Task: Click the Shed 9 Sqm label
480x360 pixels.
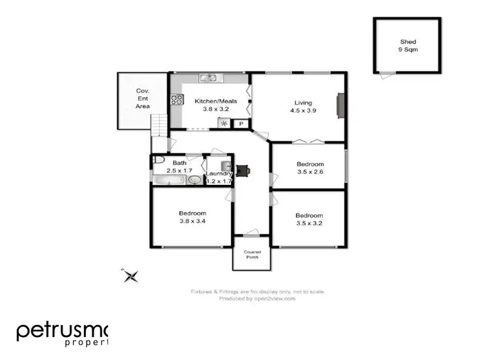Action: pyautogui.click(x=408, y=46)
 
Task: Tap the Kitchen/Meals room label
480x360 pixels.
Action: pyautogui.click(x=216, y=105)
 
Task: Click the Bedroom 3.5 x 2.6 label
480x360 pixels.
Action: pyautogui.click(x=310, y=168)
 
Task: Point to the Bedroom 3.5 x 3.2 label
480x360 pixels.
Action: pyautogui.click(x=310, y=219)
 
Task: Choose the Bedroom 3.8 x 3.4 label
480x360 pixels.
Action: pyautogui.click(x=192, y=217)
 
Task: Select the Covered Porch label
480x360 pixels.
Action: pyautogui.click(x=252, y=254)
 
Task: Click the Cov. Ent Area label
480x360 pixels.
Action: pyautogui.click(x=143, y=98)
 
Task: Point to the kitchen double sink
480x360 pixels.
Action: pyautogui.click(x=209, y=79)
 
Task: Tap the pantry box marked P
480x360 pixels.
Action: pyautogui.click(x=241, y=123)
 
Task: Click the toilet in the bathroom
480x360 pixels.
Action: pyautogui.click(x=160, y=160)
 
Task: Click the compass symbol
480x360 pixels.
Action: pyautogui.click(x=131, y=276)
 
